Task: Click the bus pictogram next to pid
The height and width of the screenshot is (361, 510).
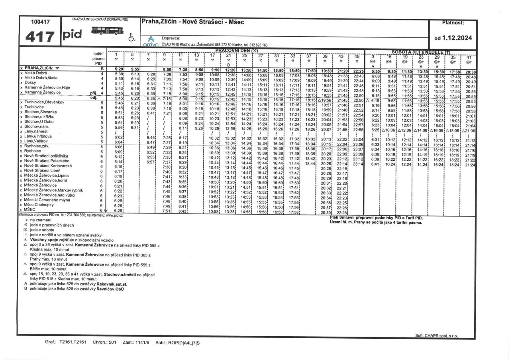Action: click(108, 31)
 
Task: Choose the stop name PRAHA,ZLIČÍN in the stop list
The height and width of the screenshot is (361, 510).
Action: click(39, 68)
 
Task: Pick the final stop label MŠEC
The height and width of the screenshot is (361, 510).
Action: click(29, 209)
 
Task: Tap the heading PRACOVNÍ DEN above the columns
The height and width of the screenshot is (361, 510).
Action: click(237, 51)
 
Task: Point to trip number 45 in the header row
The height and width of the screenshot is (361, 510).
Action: click(357, 56)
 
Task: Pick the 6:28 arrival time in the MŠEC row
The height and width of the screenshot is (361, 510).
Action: click(119, 210)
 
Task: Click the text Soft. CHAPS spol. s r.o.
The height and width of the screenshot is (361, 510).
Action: click(436, 336)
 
